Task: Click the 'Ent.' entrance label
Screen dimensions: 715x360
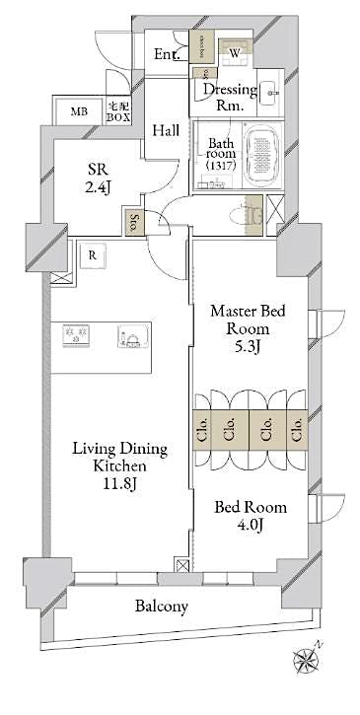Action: (x=167, y=55)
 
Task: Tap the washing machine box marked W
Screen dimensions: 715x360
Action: (x=235, y=53)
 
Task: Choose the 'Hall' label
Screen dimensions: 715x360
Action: (x=166, y=130)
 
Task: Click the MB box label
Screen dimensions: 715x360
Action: (x=78, y=111)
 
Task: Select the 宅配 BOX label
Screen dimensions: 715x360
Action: (x=119, y=111)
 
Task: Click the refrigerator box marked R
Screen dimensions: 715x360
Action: (x=91, y=253)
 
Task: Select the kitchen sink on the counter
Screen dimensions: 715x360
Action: (x=131, y=336)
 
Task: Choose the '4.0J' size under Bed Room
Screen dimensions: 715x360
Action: (x=252, y=528)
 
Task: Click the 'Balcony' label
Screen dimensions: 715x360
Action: (x=162, y=607)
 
